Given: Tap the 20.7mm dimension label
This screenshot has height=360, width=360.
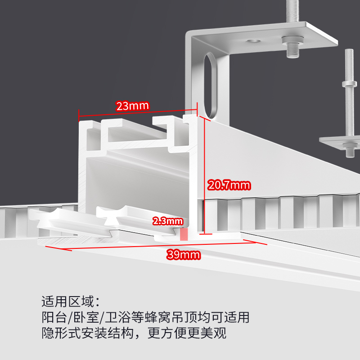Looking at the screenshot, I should click(229, 184).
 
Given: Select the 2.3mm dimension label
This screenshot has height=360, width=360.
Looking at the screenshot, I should click(168, 221).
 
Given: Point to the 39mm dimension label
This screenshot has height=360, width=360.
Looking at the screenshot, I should click(184, 255).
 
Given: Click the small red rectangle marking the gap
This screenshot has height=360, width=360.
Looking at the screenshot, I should click(184, 234).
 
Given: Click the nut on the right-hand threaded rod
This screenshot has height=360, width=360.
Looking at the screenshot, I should click(349, 84).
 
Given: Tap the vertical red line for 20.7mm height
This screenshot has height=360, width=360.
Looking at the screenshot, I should click(204, 175).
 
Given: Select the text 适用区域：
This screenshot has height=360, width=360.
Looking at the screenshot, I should click(69, 301).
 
